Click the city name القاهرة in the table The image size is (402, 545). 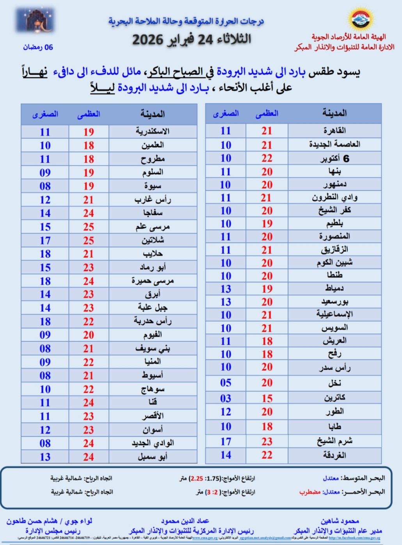[x=334, y=131]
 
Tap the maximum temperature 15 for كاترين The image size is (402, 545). [x=267, y=398]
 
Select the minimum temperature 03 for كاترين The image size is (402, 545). [x=226, y=398]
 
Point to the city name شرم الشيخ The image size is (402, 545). [x=334, y=441]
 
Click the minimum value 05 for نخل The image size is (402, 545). [x=226, y=382]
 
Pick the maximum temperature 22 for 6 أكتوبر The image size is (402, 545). [x=267, y=158]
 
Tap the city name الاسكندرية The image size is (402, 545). [x=153, y=131]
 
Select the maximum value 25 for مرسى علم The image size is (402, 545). [x=89, y=227]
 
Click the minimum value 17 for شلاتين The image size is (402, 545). [x=45, y=241]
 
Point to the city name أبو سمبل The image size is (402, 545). [x=153, y=457]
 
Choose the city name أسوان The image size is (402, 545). [x=153, y=430]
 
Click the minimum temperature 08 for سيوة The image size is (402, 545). [x=45, y=186]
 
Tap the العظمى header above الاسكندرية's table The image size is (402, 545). [x=89, y=114]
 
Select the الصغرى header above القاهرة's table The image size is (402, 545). [x=226, y=114]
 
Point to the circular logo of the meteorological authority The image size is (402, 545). [x=360, y=19]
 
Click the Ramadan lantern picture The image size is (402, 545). [x=36, y=20]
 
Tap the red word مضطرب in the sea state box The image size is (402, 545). [x=310, y=492]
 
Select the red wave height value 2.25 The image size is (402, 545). [x=197, y=478]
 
